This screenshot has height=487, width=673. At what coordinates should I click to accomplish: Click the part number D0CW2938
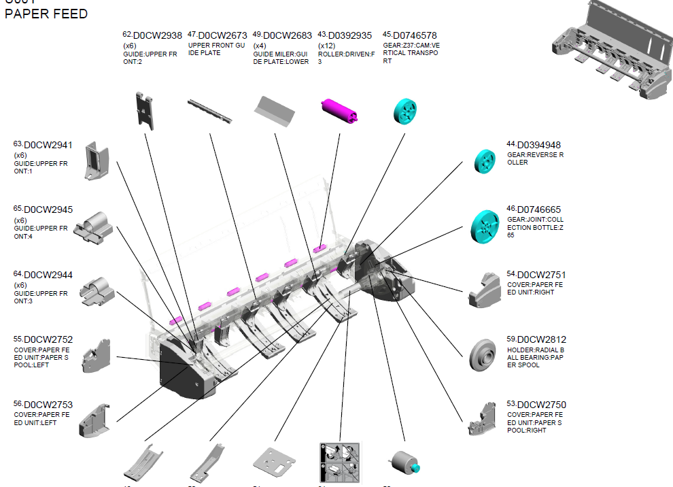tap(158, 35)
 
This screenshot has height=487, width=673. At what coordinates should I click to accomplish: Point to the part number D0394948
tap(539, 145)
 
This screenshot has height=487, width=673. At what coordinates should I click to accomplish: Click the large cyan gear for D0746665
tap(489, 226)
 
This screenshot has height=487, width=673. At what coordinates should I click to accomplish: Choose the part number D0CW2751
tap(542, 275)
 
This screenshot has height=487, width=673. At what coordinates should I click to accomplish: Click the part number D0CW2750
tap(542, 405)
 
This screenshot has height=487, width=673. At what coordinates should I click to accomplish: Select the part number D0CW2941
tap(48, 145)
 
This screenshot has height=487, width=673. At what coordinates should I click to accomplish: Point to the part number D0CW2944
tap(48, 275)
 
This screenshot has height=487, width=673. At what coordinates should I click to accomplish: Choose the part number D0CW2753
tap(48, 405)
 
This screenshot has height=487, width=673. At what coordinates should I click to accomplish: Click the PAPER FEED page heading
tap(46, 14)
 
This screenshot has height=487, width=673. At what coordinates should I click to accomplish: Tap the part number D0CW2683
tap(288, 35)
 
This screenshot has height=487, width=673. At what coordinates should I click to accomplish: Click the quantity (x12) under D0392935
tap(328, 46)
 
